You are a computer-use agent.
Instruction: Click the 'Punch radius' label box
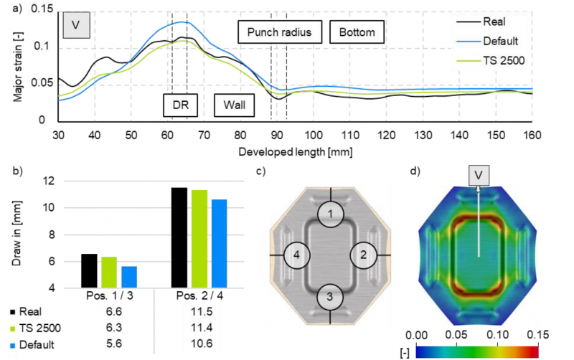tap(280, 32)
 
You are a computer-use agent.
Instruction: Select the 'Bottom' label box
tap(357, 32)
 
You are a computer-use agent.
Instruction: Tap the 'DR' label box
tap(181, 105)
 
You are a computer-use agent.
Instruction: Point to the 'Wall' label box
tap(235, 105)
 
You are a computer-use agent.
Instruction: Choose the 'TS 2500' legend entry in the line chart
tap(491, 60)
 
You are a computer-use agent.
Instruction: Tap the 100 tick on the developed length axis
tap(314, 136)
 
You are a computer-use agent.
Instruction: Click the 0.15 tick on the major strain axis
tap(42, 9)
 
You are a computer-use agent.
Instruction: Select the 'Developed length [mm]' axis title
tap(296, 152)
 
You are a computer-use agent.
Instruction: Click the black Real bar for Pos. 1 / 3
tap(89, 271)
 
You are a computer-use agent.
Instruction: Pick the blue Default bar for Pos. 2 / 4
tap(220, 244)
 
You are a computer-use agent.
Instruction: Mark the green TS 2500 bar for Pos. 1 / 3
tap(109, 273)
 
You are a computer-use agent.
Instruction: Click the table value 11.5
tap(202, 312)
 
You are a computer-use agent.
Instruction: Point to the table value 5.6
tap(114, 344)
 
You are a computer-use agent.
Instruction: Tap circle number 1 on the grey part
tap(331, 214)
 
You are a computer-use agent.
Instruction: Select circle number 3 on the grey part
tap(330, 296)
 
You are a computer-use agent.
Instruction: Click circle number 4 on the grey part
tap(297, 255)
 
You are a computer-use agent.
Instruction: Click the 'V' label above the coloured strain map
tap(479, 176)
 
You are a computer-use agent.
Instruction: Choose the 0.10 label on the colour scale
tap(497, 335)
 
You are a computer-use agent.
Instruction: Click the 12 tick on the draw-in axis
tap(49, 181)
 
